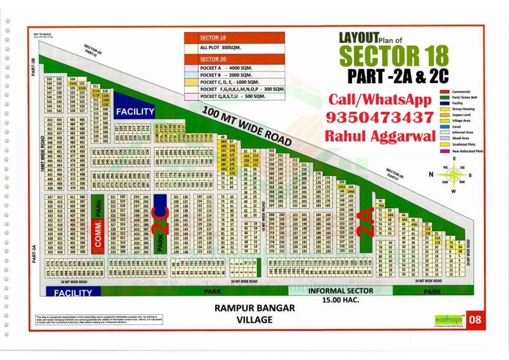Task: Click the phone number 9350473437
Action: (379, 118)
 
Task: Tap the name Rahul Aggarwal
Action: (379, 135)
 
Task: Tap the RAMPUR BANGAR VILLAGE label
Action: (254, 313)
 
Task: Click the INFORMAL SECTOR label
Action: (340, 291)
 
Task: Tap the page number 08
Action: (475, 320)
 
